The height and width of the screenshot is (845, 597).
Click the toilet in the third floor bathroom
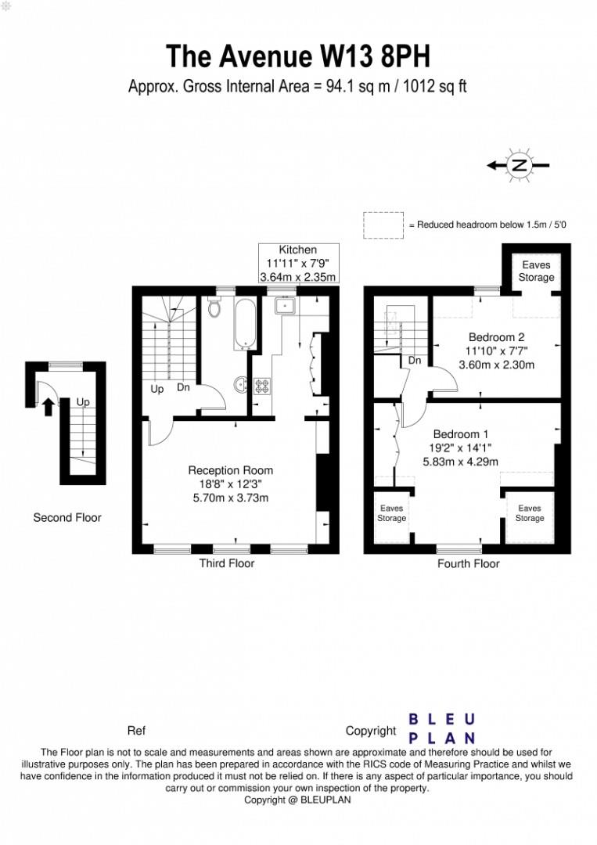[215, 308]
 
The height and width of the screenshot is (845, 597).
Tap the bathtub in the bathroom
[243, 323]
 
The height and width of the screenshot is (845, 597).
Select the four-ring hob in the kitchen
[261, 386]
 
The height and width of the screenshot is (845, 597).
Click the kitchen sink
[282, 307]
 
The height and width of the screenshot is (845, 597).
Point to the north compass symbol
[518, 166]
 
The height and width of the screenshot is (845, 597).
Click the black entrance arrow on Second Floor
[49, 406]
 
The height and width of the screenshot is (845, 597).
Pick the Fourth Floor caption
[468, 563]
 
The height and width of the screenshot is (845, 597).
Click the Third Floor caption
[227, 563]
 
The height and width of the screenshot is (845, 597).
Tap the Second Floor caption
[67, 517]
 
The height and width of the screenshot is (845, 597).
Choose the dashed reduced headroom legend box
[383, 225]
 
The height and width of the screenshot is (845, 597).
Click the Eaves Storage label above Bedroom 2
[536, 271]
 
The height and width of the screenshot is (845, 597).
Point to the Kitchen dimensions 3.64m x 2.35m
[297, 277]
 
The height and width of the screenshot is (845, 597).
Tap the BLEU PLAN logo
[442, 728]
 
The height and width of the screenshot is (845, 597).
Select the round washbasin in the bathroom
[240, 384]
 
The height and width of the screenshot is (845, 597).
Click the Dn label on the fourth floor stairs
[416, 361]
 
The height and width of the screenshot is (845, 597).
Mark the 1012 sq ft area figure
[433, 86]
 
